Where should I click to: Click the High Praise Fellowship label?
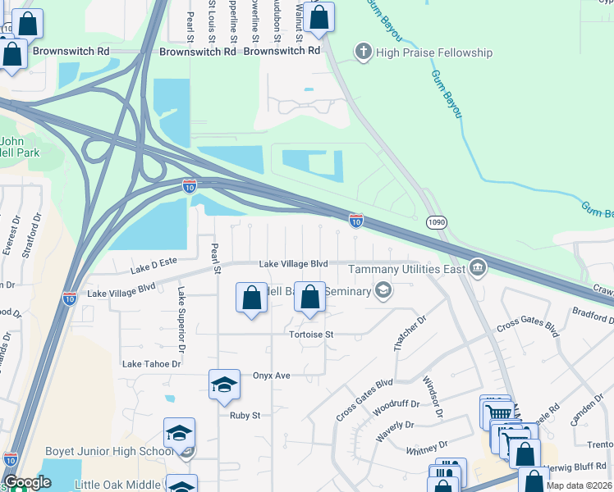(x=434, y=53)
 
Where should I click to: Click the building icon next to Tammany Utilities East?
(x=478, y=268)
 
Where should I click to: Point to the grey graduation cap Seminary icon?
(x=383, y=290)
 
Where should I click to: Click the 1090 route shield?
(x=437, y=222)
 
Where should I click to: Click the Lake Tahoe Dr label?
(x=151, y=363)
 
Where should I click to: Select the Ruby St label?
(x=245, y=415)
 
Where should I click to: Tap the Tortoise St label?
(x=311, y=335)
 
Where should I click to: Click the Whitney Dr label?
(x=427, y=448)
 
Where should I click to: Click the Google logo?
(x=27, y=482)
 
